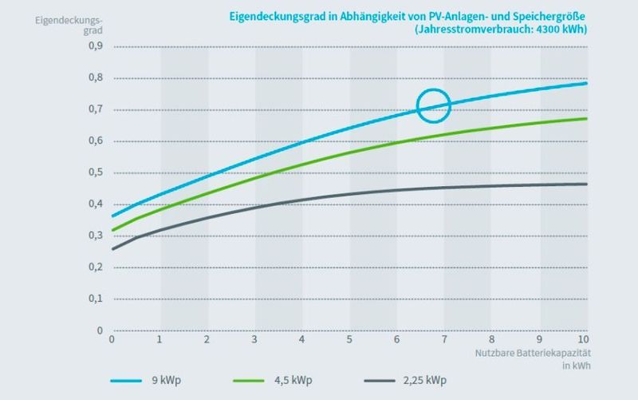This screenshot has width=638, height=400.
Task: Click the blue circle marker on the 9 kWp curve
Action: click(434, 105)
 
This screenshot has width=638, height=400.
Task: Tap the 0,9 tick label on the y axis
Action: click(95, 46)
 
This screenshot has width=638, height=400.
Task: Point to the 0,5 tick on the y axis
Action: click(95, 172)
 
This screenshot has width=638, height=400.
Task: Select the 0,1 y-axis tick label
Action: click(95, 299)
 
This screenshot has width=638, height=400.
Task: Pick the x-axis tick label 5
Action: click(349, 340)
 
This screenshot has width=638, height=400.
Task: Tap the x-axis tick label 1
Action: click(159, 340)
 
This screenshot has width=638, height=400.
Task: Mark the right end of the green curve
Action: click(587, 119)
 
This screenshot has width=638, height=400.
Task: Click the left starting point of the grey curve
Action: click(112, 249)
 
